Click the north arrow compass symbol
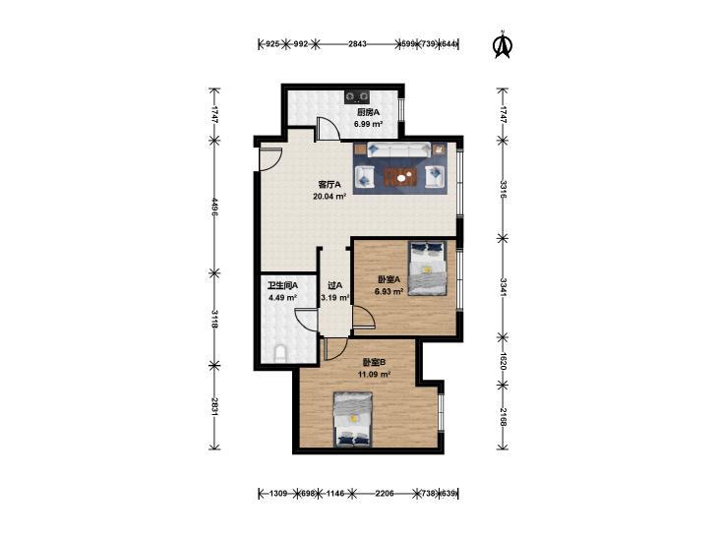coord(503,45)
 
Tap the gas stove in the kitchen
coord(357,96)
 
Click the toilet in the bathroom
coord(280,354)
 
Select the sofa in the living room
coord(398,149)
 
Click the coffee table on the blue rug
coord(401,177)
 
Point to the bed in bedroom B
coord(352,419)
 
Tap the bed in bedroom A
coord(427,269)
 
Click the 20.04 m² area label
coord(329,197)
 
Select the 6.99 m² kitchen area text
coord(368,124)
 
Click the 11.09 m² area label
coord(374,375)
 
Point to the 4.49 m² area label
coord(283,298)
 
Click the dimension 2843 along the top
coord(357,44)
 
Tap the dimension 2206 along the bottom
coord(385,494)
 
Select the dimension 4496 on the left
coord(214,207)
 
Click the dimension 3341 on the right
coord(503,287)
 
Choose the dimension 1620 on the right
coord(503,361)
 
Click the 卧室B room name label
coord(375,363)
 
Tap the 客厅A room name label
coord(329,185)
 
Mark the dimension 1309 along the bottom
coord(278,494)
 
